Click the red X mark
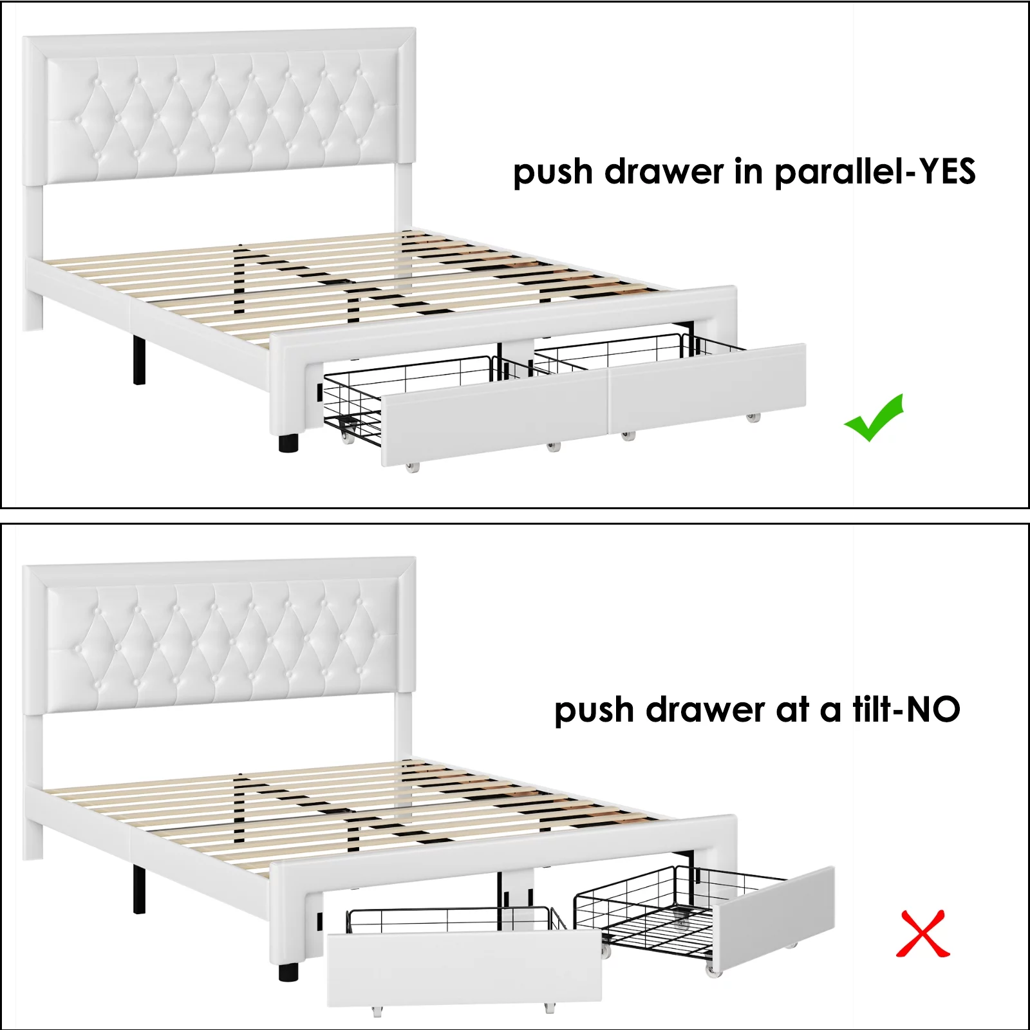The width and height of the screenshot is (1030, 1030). (x=923, y=933)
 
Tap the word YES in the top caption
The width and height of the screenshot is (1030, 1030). (x=947, y=171)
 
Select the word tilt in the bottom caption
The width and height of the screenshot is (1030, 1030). (x=872, y=709)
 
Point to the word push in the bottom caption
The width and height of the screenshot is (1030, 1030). (x=594, y=711)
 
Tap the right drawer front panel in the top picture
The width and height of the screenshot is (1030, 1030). (x=707, y=388)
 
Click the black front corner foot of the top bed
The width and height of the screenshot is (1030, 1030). (x=288, y=442)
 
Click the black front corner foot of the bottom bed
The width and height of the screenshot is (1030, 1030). (x=288, y=971)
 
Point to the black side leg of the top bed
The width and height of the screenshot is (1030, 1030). (x=139, y=360)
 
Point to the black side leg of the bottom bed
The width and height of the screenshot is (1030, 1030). (x=139, y=889)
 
